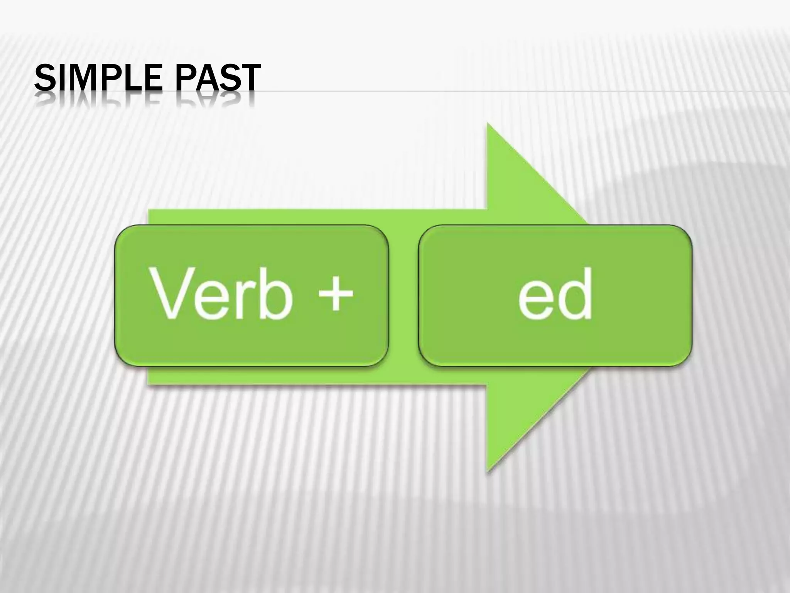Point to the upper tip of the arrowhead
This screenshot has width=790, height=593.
[x=488, y=124]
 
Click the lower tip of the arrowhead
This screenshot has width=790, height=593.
[x=488, y=470]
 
